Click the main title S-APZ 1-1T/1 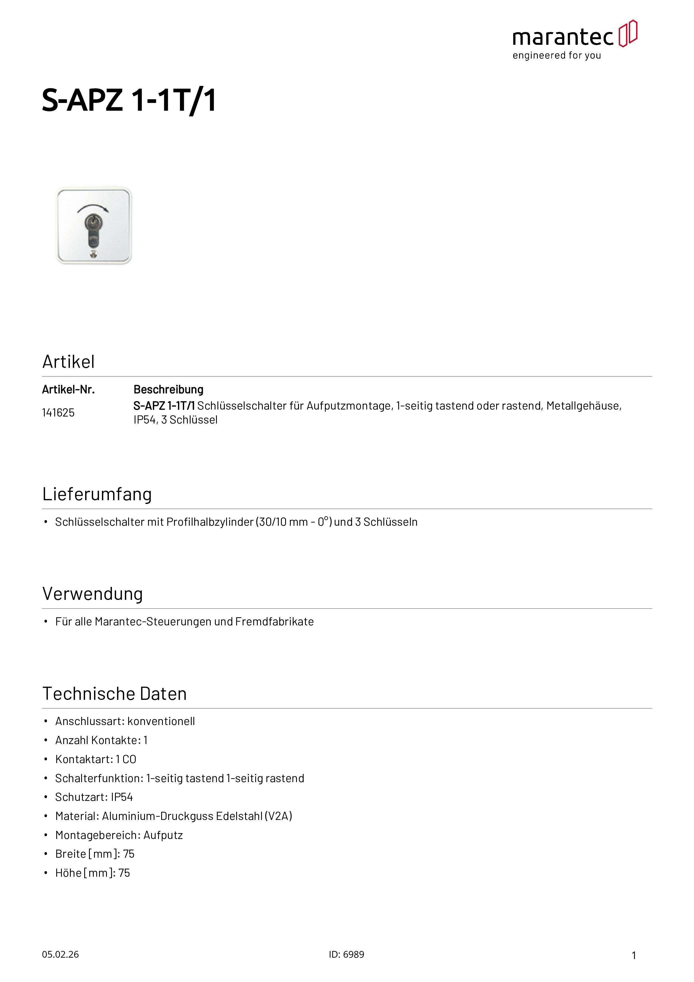click(x=129, y=100)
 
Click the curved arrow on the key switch click(x=93, y=208)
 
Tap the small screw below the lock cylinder click(x=94, y=255)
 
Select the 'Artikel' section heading click(x=68, y=362)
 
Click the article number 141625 click(x=58, y=413)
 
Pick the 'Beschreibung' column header click(x=168, y=390)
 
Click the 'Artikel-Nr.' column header click(x=68, y=390)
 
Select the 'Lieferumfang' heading click(x=97, y=494)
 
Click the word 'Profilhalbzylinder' click(x=210, y=522)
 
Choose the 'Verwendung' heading click(x=92, y=594)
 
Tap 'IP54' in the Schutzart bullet click(x=122, y=797)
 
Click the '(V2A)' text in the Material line click(x=278, y=816)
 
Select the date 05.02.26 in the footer click(x=60, y=955)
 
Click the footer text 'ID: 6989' click(x=346, y=955)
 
